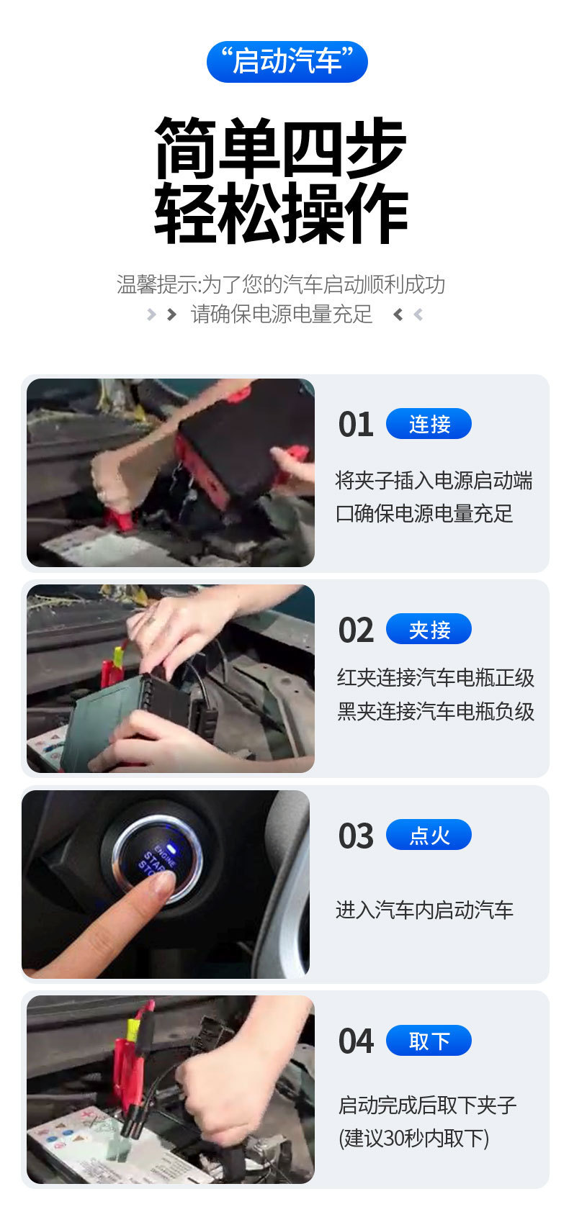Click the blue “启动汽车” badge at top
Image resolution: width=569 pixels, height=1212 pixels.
(x=287, y=62)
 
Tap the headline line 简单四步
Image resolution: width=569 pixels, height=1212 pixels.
(x=281, y=149)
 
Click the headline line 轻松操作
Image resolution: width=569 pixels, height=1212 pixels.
(x=281, y=214)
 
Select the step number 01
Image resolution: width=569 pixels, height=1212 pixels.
(x=356, y=425)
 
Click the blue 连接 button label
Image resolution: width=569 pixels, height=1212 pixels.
(x=429, y=424)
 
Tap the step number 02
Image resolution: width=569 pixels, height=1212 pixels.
(x=356, y=630)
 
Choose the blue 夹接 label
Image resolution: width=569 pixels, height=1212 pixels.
(x=429, y=630)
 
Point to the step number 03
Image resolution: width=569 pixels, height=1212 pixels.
(x=356, y=836)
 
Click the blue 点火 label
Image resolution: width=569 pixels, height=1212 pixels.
(x=429, y=835)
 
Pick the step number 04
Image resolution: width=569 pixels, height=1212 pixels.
(x=356, y=1041)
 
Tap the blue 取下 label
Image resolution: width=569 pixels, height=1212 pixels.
(x=429, y=1041)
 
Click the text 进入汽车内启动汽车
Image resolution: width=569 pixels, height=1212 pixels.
(x=424, y=910)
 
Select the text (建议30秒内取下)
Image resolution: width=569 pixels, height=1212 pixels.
(x=413, y=1138)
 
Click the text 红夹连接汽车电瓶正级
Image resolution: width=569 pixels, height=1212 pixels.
(x=435, y=678)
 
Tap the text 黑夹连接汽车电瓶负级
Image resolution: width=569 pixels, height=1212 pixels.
(x=435, y=712)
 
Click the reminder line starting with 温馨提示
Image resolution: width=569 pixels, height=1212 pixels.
(x=281, y=284)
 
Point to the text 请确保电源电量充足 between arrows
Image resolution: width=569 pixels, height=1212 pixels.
(x=282, y=315)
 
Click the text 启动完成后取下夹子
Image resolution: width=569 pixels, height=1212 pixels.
(x=427, y=1105)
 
